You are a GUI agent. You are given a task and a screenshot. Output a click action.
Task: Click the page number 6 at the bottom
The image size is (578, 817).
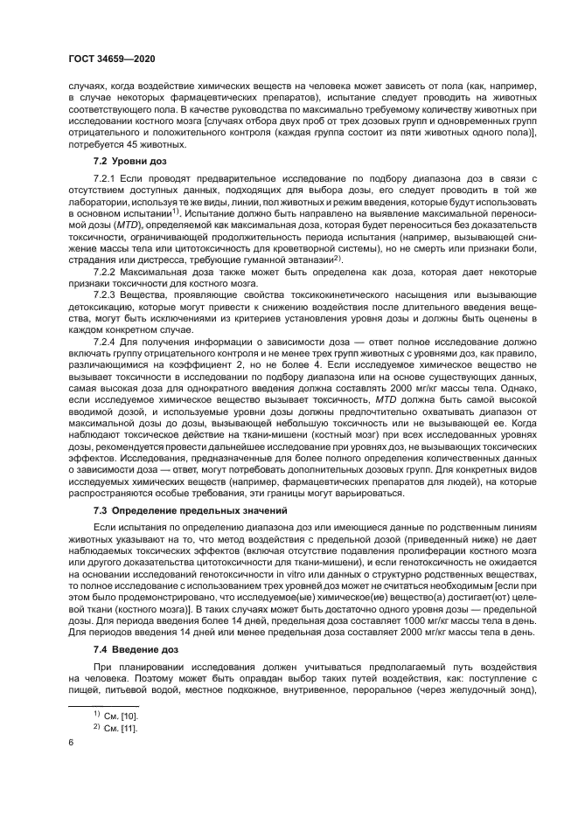coord(70,742)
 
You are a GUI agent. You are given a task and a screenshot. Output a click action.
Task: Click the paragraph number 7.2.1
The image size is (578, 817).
coord(106,179)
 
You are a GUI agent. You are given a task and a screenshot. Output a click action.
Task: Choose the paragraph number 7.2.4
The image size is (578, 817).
coord(106,347)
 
